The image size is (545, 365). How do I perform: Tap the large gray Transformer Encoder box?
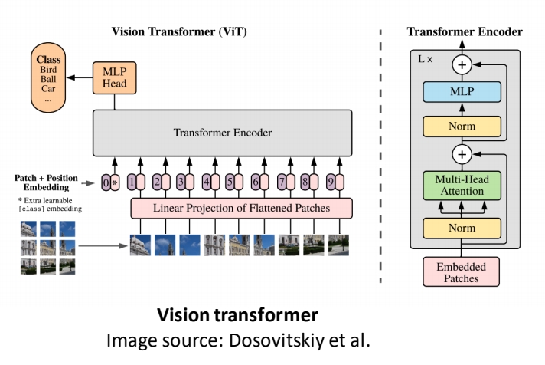point(222,133)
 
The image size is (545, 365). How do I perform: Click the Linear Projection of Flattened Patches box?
point(241,207)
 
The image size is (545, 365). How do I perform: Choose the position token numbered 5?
point(228,182)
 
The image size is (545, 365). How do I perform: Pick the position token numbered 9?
point(329,182)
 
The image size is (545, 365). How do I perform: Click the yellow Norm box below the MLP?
point(461,126)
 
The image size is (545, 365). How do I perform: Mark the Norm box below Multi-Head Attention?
point(461,228)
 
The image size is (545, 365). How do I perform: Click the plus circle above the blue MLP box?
point(461,65)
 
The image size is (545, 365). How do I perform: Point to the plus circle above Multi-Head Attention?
point(461,154)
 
